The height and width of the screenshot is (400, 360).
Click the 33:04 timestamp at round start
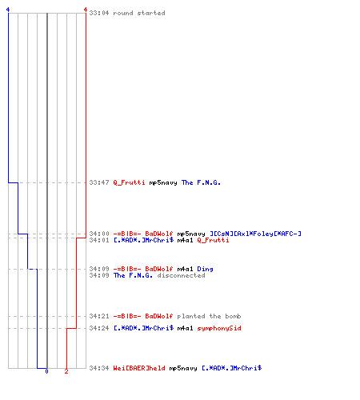click(99, 13)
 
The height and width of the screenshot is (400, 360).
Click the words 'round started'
click(139, 13)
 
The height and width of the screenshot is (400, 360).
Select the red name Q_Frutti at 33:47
click(129, 182)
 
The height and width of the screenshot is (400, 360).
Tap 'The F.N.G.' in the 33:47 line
click(201, 182)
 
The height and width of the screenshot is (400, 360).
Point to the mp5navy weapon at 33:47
click(163, 183)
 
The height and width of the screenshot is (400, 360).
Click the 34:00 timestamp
click(99, 234)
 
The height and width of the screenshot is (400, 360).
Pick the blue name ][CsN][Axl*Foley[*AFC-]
click(255, 234)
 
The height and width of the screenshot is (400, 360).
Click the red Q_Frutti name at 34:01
click(213, 240)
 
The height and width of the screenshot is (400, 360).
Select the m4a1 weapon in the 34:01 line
click(185, 240)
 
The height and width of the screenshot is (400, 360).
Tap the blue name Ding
click(205, 269)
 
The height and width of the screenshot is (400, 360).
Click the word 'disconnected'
click(181, 275)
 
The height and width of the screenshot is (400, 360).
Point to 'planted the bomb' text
click(209, 316)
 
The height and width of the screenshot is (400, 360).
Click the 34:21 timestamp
click(99, 316)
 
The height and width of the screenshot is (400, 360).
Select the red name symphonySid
click(219, 328)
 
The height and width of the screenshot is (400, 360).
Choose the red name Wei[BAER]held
click(139, 368)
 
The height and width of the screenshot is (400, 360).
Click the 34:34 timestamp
click(99, 368)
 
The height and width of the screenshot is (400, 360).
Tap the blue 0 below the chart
click(46, 371)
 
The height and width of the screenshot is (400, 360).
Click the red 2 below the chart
click(66, 371)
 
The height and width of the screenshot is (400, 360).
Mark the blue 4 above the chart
click(8, 10)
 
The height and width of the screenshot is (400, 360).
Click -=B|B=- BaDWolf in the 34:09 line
click(143, 269)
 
